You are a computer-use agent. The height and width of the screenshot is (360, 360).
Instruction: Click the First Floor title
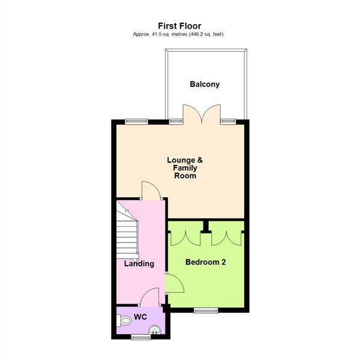179,26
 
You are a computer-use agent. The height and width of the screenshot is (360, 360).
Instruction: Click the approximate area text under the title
179,35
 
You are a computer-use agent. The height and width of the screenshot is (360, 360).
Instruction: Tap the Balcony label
205,85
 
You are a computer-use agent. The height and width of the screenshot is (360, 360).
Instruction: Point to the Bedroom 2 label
205,262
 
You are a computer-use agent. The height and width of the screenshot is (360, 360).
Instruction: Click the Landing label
139,263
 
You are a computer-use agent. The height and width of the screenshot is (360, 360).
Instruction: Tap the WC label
140,316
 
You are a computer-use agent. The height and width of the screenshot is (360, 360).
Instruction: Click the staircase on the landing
128,231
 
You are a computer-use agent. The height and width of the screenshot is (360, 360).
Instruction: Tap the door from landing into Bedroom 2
173,284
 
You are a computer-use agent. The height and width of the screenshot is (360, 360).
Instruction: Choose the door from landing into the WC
149,296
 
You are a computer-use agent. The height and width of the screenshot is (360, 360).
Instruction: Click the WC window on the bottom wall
141,337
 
